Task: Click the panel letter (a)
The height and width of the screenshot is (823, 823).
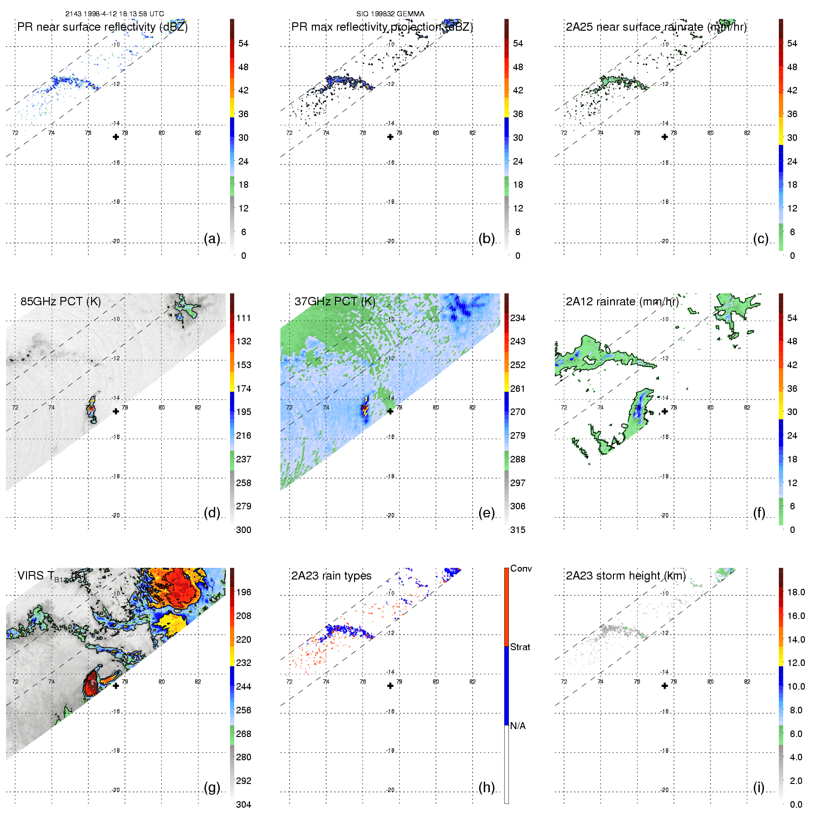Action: [212, 239]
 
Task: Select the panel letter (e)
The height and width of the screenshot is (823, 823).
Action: [486, 513]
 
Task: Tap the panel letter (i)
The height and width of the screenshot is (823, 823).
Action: [758, 788]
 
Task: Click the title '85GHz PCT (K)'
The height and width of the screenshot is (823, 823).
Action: [60, 301]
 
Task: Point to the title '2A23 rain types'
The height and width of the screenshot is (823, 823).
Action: [331, 576]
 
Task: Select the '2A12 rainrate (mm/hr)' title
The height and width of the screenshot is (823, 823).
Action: [622, 301]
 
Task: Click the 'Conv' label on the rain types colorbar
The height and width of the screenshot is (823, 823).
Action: [521, 568]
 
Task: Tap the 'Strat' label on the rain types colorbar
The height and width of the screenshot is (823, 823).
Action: [520, 647]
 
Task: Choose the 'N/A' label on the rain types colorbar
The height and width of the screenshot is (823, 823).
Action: [518, 726]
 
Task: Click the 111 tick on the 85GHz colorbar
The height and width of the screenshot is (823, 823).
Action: [244, 318]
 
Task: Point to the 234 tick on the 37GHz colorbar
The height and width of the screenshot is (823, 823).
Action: [518, 318]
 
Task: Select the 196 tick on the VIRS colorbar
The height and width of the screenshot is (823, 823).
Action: [244, 592]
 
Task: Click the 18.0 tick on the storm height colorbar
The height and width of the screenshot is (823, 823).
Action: [796, 592]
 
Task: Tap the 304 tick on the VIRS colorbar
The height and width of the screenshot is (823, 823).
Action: [244, 804]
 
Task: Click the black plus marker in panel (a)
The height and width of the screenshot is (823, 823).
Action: [116, 137]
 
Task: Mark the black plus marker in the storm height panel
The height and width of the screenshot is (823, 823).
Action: [665, 686]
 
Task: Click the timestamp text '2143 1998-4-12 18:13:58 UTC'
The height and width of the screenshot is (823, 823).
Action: [114, 14]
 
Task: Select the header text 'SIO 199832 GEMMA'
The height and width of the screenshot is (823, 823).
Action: [390, 14]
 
